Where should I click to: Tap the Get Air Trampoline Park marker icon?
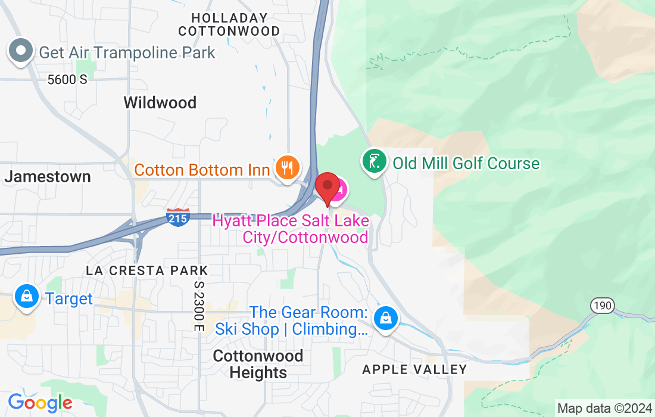tap(21, 51)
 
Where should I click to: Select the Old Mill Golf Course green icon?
tap(373, 162)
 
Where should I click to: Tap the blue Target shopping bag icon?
tap(27, 297)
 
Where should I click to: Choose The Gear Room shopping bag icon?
tap(385, 319)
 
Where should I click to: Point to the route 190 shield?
tap(602, 306)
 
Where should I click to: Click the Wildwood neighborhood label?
tap(160, 102)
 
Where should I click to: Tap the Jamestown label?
tap(48, 176)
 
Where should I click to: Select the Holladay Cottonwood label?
tap(229, 24)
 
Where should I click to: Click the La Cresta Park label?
tap(146, 270)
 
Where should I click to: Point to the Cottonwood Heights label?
tap(258, 364)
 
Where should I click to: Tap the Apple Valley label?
tap(414, 370)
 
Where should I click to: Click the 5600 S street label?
tap(67, 79)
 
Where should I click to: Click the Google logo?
tap(40, 403)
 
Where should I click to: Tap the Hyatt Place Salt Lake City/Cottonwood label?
tap(291, 229)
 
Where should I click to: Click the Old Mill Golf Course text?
tap(466, 163)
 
